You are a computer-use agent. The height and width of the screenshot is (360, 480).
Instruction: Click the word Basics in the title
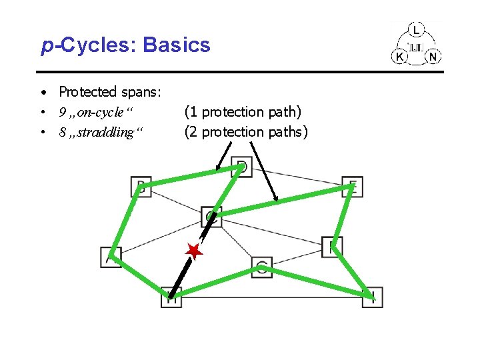click(176, 45)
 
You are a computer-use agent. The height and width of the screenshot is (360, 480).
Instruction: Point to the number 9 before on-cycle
click(61, 112)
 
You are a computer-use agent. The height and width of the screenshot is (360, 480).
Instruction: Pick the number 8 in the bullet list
click(61, 132)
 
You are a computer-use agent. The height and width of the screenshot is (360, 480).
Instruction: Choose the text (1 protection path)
click(243, 112)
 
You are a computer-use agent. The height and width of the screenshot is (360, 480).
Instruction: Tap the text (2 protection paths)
click(246, 132)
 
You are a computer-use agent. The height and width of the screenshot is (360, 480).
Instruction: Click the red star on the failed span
click(193, 251)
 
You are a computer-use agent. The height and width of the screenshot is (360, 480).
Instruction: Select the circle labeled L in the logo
click(416, 31)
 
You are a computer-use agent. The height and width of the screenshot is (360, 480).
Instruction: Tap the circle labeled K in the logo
click(400, 57)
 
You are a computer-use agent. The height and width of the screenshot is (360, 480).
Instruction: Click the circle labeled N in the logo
click(433, 57)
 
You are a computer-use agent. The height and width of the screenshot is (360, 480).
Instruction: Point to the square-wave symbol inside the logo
click(416, 47)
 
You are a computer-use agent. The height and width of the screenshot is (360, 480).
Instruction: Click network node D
click(241, 167)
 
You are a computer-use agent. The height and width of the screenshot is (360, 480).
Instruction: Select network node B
click(141, 186)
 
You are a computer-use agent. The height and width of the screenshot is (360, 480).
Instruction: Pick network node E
click(352, 187)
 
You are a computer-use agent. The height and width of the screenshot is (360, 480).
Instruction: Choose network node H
click(171, 297)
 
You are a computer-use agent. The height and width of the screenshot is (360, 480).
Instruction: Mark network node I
click(373, 297)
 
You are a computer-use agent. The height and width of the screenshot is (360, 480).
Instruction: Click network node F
click(331, 247)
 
